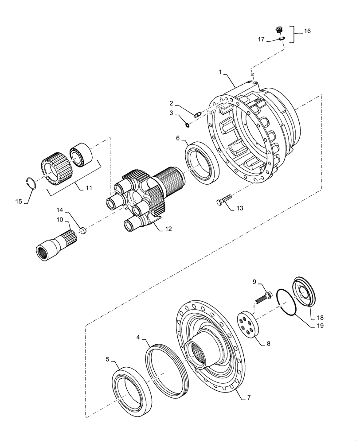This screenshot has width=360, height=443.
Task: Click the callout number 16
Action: [x=307, y=31]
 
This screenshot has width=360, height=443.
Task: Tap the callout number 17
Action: [x=261, y=39]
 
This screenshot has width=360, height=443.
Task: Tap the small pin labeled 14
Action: [x=83, y=229]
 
